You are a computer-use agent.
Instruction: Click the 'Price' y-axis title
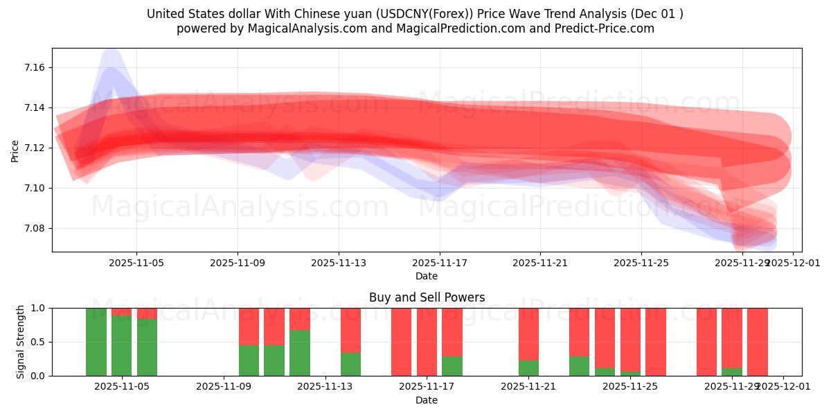[x=15, y=150]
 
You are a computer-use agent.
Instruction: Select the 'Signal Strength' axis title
[x=21, y=342]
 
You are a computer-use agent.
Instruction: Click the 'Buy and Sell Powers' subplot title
[x=427, y=297]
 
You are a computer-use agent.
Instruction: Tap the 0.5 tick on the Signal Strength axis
[x=38, y=342]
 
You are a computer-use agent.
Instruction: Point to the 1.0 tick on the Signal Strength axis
[x=38, y=308]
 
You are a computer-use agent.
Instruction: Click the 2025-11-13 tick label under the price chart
[x=339, y=263]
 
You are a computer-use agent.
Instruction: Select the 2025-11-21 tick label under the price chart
[x=540, y=263]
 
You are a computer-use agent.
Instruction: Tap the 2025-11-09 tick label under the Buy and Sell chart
[x=224, y=386]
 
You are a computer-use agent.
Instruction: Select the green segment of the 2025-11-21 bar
[x=528, y=368]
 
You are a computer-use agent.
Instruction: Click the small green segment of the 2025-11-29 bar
[x=731, y=372]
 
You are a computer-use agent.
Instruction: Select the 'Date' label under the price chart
[x=427, y=276]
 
